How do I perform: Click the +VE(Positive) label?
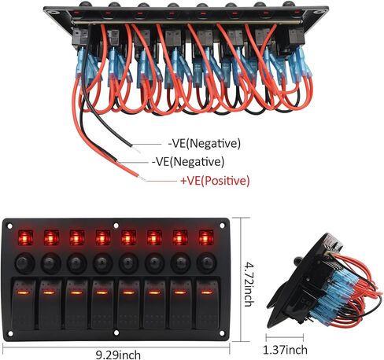point(215,181)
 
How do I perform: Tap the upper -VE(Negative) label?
point(205,143)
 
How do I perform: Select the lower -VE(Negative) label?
point(188,162)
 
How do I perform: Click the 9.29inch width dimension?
point(118,355)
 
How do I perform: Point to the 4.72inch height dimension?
point(249,285)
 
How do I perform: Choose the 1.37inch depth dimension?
point(285,350)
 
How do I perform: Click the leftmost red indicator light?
point(25,238)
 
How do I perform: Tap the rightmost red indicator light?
point(206,238)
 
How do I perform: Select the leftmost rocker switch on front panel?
point(24,304)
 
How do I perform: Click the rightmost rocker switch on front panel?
point(208,304)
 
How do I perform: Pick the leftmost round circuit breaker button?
point(25,263)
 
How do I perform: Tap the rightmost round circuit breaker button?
point(207,263)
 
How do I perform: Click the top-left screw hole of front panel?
point(9,226)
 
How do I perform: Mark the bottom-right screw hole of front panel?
point(222,333)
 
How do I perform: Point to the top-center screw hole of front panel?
point(116,226)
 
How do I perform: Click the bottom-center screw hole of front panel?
point(116,333)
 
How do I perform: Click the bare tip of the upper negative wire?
point(136,149)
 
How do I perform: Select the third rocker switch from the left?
point(76,304)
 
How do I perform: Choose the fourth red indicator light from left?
point(103,238)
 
